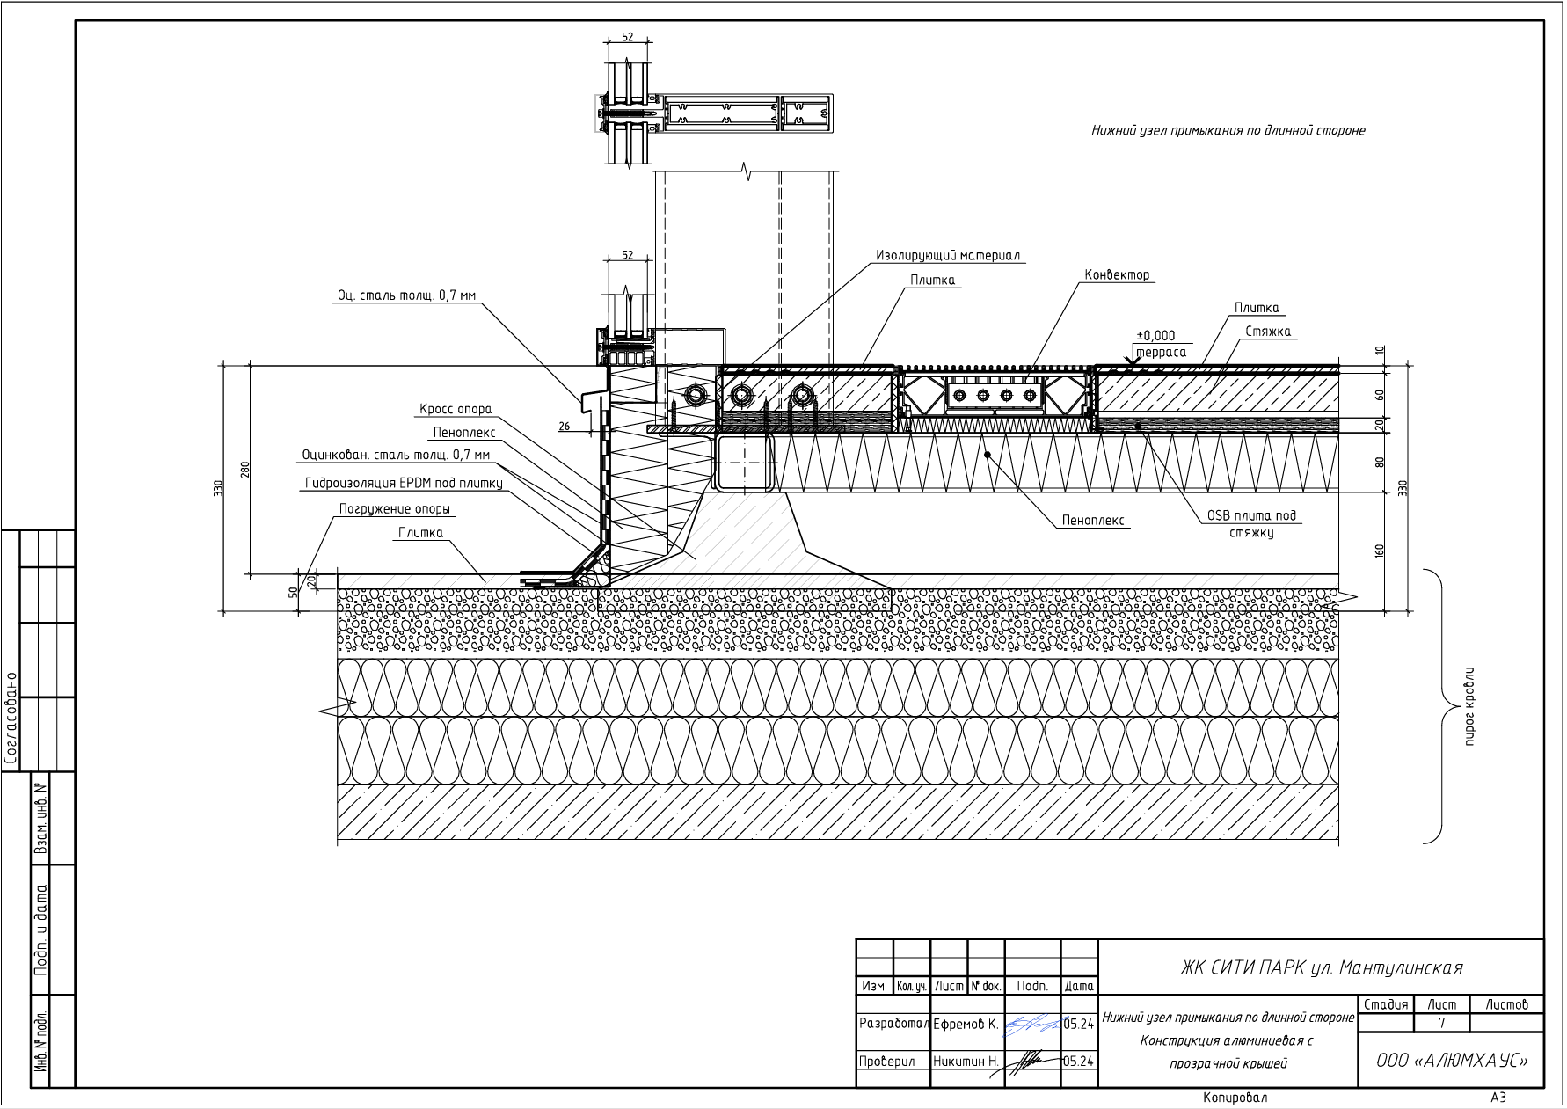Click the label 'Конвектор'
click(1117, 275)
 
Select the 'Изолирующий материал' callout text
click(948, 256)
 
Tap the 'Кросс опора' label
click(456, 409)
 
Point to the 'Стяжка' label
click(1268, 332)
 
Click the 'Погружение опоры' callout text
click(395, 509)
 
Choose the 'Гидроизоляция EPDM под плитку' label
click(404, 483)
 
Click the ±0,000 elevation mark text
click(1155, 336)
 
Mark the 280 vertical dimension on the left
click(245, 470)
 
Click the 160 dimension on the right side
click(1380, 551)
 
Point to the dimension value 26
click(565, 427)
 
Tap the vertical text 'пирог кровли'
click(1469, 707)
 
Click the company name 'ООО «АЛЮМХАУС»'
click(1452, 1061)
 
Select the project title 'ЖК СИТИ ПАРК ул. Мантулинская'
click(1321, 968)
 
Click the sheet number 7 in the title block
click(1441, 1023)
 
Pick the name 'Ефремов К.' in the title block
click(966, 1024)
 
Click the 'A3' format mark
click(1498, 1098)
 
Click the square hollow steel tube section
click(743, 463)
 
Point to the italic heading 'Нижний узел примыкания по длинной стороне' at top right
click(1228, 131)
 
